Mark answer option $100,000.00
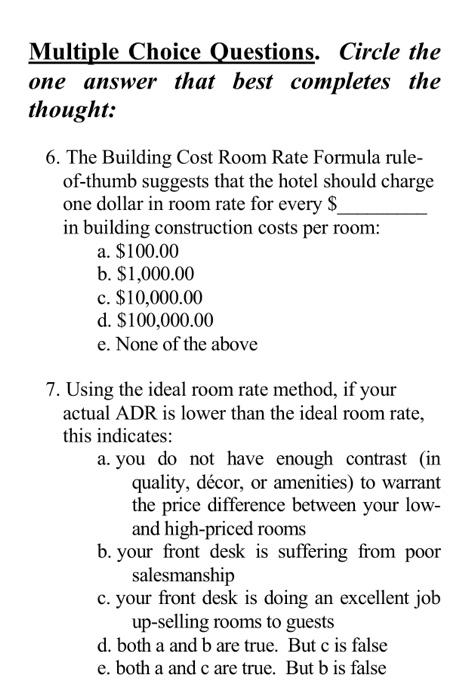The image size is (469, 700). pyautogui.click(x=163, y=322)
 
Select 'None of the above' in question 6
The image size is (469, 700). pyautogui.click(x=181, y=344)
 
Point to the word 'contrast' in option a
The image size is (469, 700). pyautogui.click(x=374, y=460)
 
